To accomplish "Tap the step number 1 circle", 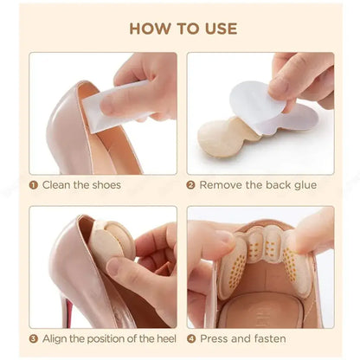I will click(33, 184).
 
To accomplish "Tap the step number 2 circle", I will click(192, 184).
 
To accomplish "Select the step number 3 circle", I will click(33, 339).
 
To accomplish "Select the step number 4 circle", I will click(192, 339).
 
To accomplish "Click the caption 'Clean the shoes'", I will click(81, 184).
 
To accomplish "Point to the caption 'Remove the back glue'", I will click(258, 184).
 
